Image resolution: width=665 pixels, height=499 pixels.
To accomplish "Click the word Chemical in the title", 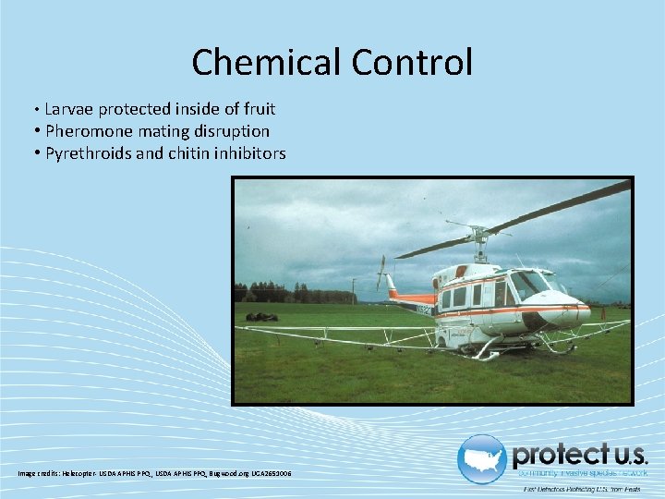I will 266,63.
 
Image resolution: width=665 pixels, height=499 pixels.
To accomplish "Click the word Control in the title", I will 411,63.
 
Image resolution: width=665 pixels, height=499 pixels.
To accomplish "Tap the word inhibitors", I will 249,153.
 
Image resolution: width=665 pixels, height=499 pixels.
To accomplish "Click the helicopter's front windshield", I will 530,285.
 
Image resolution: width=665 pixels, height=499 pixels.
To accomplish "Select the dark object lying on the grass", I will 262,317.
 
